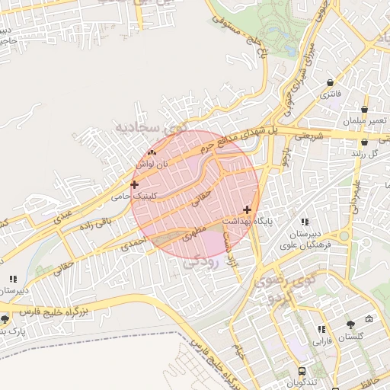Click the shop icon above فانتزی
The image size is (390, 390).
330,82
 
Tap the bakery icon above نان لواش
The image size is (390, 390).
151,152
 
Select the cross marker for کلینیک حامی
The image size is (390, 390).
135,184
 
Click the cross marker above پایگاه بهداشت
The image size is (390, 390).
247,209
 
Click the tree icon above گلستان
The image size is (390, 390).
350,325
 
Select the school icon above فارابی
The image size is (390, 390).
321,329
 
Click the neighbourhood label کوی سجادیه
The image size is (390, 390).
149,129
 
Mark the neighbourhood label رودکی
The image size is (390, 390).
201,261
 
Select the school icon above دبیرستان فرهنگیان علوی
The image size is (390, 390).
305,222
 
